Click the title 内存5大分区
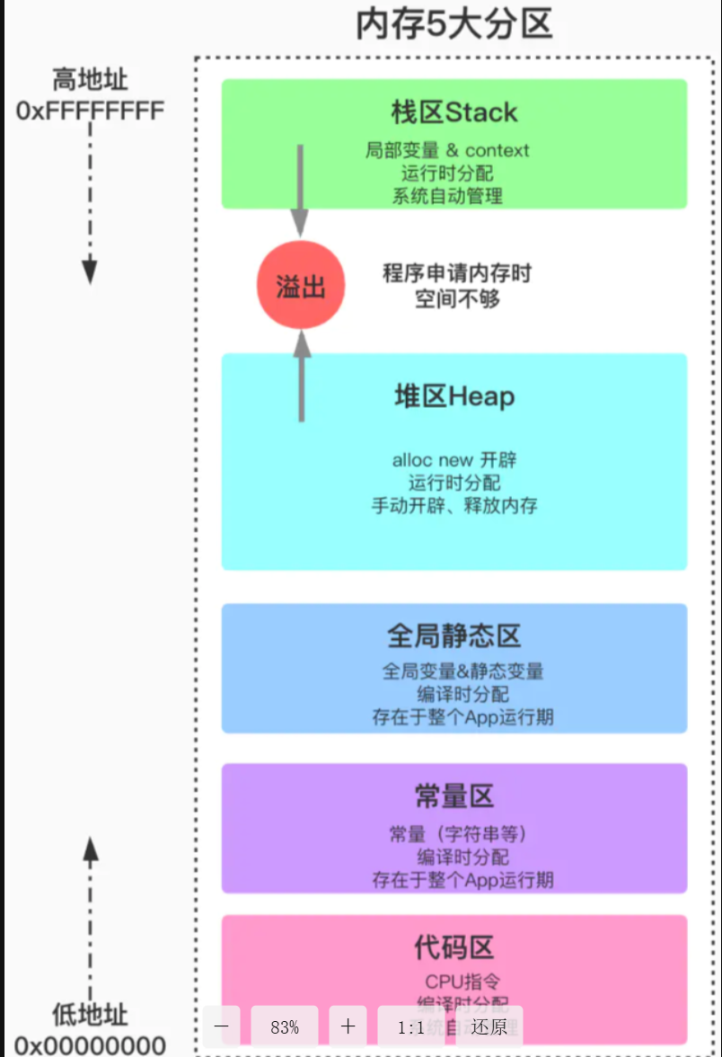453,25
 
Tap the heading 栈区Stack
454,112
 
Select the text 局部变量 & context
447,150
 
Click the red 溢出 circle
301,287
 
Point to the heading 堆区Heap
454,396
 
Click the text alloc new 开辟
454,460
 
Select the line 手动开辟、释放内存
454,505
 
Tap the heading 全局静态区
454,636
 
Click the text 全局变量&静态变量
462,671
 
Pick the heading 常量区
454,796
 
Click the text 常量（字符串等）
458,834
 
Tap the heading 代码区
454,947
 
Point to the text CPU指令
462,981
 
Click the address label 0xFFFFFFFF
90,111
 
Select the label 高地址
90,80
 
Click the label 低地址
90,1016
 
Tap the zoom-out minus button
222,1026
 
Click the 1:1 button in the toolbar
413,1026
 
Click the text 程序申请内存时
456,273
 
